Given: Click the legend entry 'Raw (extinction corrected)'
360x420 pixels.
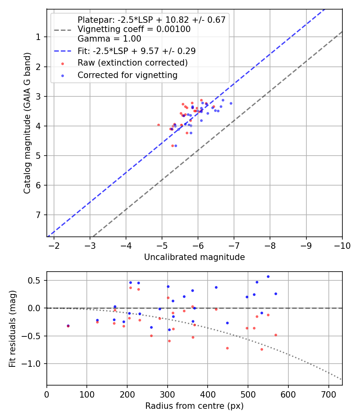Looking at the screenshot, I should coord(132,63).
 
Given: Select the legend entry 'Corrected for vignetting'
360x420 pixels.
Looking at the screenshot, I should coord(127,75).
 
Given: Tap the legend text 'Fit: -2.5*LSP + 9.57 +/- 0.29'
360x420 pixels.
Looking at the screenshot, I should coord(136,51).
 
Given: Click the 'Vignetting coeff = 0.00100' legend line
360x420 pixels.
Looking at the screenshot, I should coord(134,29).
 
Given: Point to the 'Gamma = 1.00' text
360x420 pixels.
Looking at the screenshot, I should coord(109,39).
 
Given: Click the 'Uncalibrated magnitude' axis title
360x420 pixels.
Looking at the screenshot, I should coord(194,257).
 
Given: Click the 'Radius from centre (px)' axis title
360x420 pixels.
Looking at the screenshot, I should coord(194,406).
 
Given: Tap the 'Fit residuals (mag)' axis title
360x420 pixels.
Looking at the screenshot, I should coord(12,328).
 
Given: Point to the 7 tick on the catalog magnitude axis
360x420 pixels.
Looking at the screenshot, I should coord(39,215).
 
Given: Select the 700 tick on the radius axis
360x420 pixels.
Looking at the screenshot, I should coord(328,394).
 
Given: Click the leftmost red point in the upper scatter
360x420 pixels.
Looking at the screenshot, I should coord(158,125).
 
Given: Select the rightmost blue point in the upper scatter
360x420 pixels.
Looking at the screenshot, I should coord(231,103).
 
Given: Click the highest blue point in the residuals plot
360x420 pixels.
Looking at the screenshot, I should coord(268,276).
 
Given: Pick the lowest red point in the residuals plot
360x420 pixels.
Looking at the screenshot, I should coord(262,349).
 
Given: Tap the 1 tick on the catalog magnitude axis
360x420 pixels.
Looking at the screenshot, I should coord(39,37).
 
